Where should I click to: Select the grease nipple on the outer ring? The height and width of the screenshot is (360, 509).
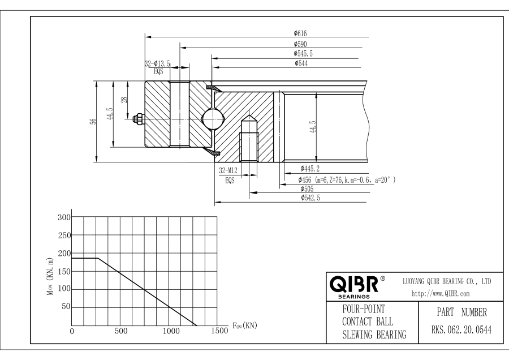pyautogui.click(x=137, y=119)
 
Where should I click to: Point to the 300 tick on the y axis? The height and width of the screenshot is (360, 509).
pyautogui.click(x=65, y=217)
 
